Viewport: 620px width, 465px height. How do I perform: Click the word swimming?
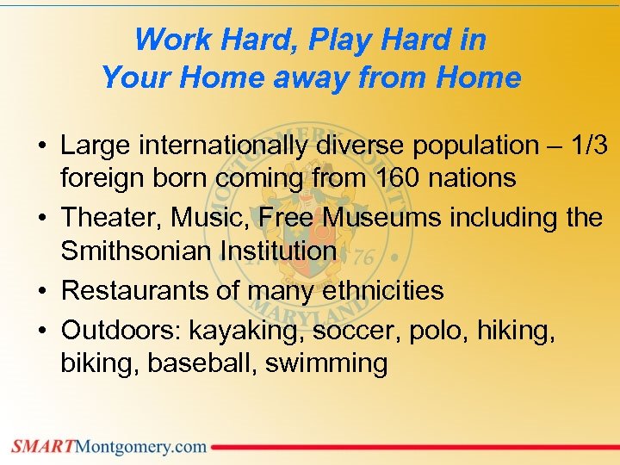pos(326,363)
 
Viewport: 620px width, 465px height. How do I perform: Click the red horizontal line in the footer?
pos(413,447)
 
